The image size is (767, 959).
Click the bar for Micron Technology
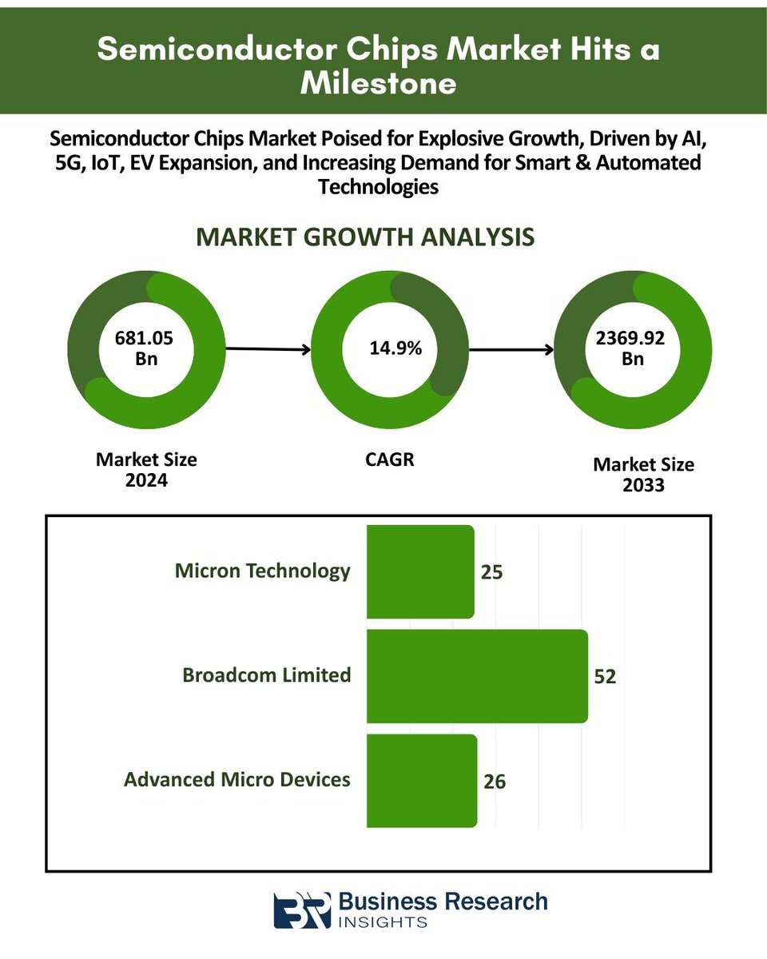[x=420, y=571]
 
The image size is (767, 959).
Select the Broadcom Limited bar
[x=477, y=675]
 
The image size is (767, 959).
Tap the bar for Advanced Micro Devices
[x=421, y=780]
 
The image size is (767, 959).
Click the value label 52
[x=605, y=676]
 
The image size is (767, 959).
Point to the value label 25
[x=491, y=572]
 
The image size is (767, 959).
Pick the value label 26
[x=495, y=781]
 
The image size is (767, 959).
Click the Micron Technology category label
[x=262, y=571]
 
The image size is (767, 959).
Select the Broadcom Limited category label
[x=267, y=674]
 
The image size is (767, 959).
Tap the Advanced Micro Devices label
[x=237, y=778]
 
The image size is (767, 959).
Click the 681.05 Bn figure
[x=144, y=348]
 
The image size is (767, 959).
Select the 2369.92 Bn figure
[x=632, y=348]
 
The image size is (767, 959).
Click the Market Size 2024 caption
[x=146, y=470]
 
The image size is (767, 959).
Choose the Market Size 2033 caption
[x=643, y=475]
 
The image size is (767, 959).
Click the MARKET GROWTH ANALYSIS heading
[x=365, y=237]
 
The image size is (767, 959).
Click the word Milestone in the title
[x=378, y=83]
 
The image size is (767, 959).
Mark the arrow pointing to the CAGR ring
[x=268, y=349]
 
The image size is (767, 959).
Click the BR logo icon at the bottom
[x=301, y=910]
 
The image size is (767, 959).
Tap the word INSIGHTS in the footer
[x=383, y=922]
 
